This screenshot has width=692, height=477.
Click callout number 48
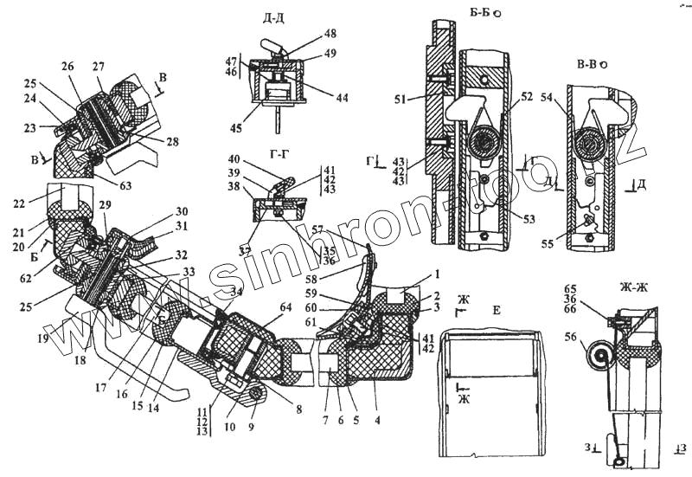(x=331, y=34)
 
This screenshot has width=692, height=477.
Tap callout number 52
(x=527, y=96)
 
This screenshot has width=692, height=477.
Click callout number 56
(x=570, y=338)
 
